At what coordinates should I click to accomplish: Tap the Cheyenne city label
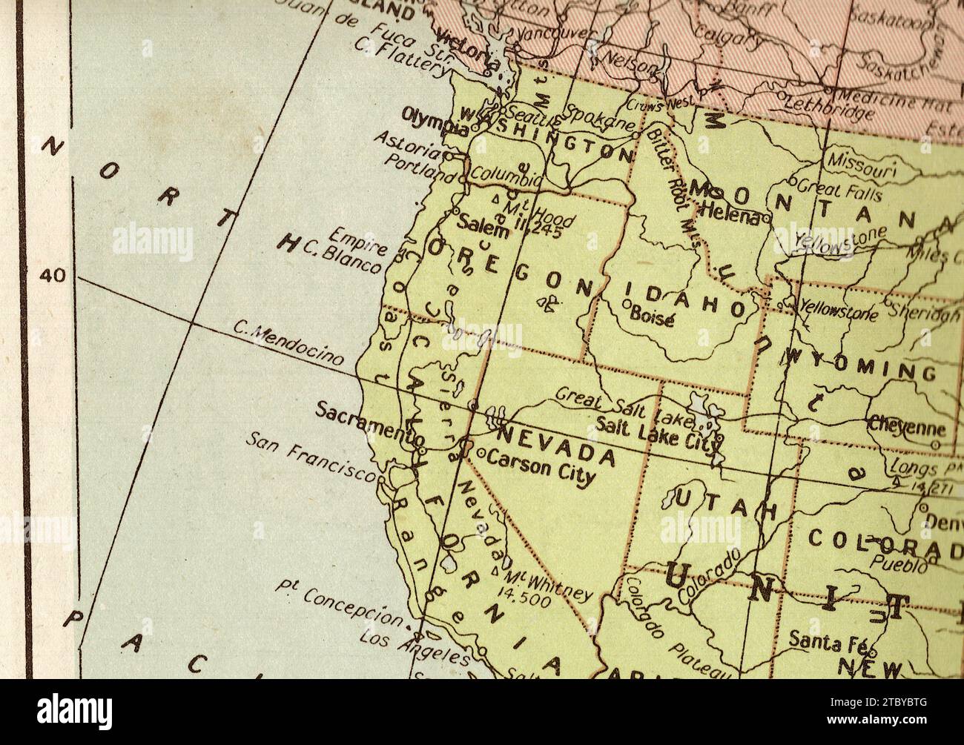tap(906, 428)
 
